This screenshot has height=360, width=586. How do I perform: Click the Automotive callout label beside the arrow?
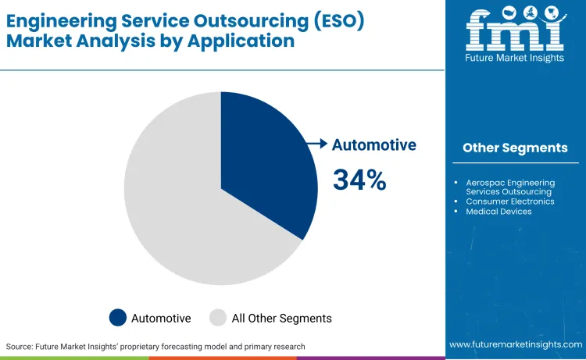pos(373,144)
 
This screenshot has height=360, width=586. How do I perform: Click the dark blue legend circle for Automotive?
pos(118,318)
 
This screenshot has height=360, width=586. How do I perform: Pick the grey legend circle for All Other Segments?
pos(219,318)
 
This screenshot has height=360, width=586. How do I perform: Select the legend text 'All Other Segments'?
pos(281,318)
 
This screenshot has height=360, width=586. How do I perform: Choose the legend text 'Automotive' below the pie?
pos(161,318)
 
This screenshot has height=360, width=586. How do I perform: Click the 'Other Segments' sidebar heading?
pos(515,148)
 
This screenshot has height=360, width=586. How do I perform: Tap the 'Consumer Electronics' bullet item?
pos(510,201)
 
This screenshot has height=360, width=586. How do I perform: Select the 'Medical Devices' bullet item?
pos(498,211)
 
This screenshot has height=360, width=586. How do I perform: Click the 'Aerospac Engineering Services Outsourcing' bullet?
pos(509,187)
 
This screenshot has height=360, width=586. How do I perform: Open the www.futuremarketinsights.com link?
pos(515,344)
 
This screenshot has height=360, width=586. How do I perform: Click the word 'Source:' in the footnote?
pos(20,346)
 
